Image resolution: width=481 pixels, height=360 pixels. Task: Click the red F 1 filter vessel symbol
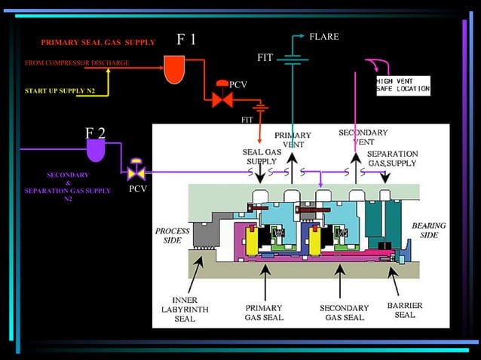[174, 71]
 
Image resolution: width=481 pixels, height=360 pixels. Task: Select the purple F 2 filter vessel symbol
[96, 151]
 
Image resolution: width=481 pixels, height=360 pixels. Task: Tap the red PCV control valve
[222, 96]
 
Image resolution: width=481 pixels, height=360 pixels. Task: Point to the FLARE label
[324, 37]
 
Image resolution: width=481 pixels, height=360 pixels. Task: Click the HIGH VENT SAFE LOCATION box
[403, 84]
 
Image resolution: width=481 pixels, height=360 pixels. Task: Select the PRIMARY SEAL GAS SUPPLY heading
[98, 42]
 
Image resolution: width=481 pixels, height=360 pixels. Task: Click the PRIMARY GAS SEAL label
[264, 313]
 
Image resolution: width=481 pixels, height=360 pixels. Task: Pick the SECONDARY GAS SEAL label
[344, 313]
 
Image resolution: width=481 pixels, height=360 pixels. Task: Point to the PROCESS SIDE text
[172, 235]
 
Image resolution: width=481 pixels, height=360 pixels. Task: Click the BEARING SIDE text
[428, 230]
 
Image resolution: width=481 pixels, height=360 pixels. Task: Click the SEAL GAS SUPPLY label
[262, 156]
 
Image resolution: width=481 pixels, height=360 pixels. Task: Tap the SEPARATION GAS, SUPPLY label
[392, 158]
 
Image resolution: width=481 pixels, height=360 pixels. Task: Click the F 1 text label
[186, 40]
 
